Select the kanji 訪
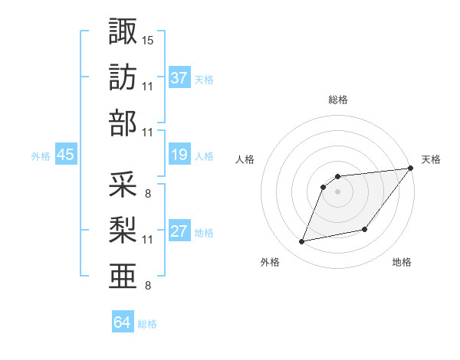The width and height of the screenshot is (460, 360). point(123,77)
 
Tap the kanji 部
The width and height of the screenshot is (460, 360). point(123,123)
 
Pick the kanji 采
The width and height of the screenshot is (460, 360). point(123,184)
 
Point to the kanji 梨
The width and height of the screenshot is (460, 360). point(123,230)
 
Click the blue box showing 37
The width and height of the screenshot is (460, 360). point(179,78)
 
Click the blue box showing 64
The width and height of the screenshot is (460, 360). point(123,322)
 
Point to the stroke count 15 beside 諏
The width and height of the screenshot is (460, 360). point(148,39)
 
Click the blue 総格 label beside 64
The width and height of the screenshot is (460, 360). point(147,324)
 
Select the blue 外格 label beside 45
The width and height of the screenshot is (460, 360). point(41,156)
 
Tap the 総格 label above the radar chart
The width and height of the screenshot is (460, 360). point(337,100)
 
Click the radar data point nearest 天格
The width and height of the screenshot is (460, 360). point(411,169)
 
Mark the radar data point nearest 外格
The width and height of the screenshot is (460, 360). point(302,242)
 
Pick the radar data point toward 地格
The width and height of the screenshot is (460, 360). point(365,230)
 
